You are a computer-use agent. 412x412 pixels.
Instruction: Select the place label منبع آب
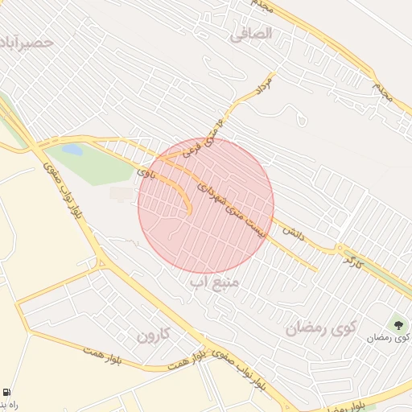[212, 282]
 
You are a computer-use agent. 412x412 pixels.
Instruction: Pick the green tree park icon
[398, 324]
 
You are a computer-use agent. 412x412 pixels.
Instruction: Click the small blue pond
[72, 150]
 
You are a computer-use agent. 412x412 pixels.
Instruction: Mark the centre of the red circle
[206, 205]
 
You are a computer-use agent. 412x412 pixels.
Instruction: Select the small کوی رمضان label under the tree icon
[388, 338]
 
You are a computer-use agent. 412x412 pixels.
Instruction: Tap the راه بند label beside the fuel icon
[9, 404]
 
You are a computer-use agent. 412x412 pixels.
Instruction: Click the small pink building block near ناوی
[122, 194]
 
